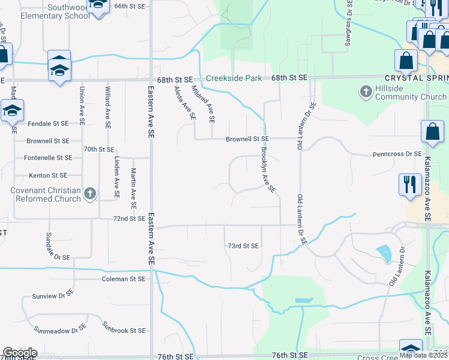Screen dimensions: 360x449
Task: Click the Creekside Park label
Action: [x=234, y=79]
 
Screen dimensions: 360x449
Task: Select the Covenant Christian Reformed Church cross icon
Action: [x=90, y=193]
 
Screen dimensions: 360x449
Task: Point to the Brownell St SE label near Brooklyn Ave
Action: [x=247, y=139]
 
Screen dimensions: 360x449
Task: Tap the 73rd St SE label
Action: [x=243, y=246]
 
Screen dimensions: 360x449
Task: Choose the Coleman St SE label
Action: [x=123, y=279]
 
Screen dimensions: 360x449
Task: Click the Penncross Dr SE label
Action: [x=397, y=154]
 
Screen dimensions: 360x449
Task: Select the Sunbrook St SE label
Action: [x=124, y=331]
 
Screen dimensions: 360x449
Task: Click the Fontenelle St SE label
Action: [x=48, y=158]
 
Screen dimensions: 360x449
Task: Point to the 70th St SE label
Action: [x=99, y=149]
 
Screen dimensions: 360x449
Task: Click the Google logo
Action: [x=20, y=353]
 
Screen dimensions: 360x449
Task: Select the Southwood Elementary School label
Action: [x=47, y=11]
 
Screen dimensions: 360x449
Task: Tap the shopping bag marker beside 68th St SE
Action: [x=406, y=61]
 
